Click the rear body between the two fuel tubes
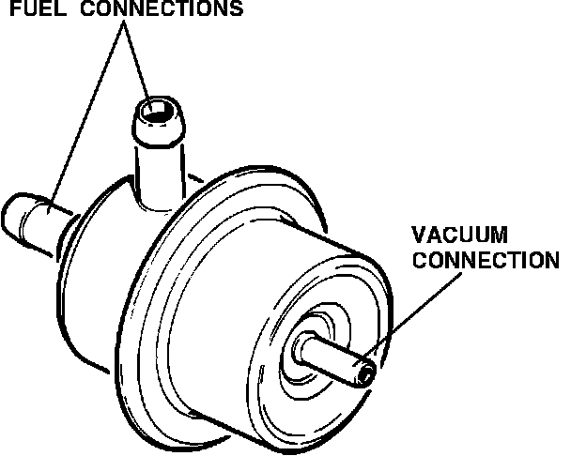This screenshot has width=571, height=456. point(108,235)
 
